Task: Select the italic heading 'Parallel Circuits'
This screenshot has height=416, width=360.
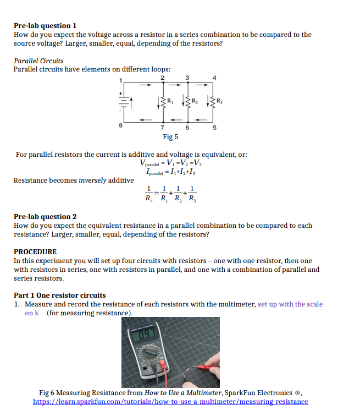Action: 38,61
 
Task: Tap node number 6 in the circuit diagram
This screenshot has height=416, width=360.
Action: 187,128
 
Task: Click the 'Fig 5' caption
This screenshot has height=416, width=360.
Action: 170,137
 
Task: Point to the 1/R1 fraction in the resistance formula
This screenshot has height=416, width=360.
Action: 163,195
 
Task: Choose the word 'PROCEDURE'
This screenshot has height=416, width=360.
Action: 35,251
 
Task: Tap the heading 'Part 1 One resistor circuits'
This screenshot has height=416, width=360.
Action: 60,295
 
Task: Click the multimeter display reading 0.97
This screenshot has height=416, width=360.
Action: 147,333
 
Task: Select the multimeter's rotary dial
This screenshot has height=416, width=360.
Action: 149,353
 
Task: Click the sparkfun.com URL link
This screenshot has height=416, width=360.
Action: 170,402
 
